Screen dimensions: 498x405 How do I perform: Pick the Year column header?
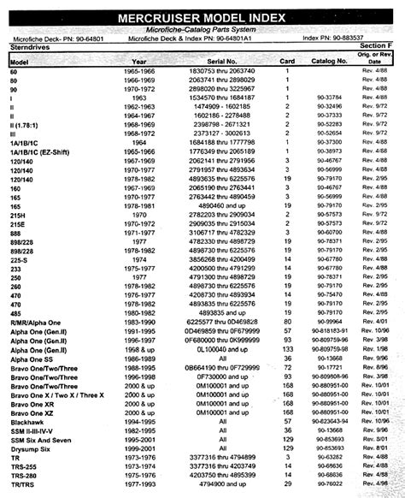(x=138, y=62)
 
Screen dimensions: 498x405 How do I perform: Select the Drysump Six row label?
(x=32, y=448)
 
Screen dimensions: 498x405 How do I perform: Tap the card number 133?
(x=288, y=348)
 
